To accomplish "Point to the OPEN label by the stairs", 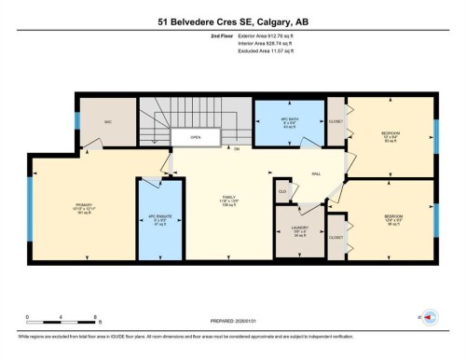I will tap(195, 137).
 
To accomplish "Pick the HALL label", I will tap(316, 173).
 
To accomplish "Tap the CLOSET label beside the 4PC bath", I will tap(336, 121).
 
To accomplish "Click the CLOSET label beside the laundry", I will tap(336, 237).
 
